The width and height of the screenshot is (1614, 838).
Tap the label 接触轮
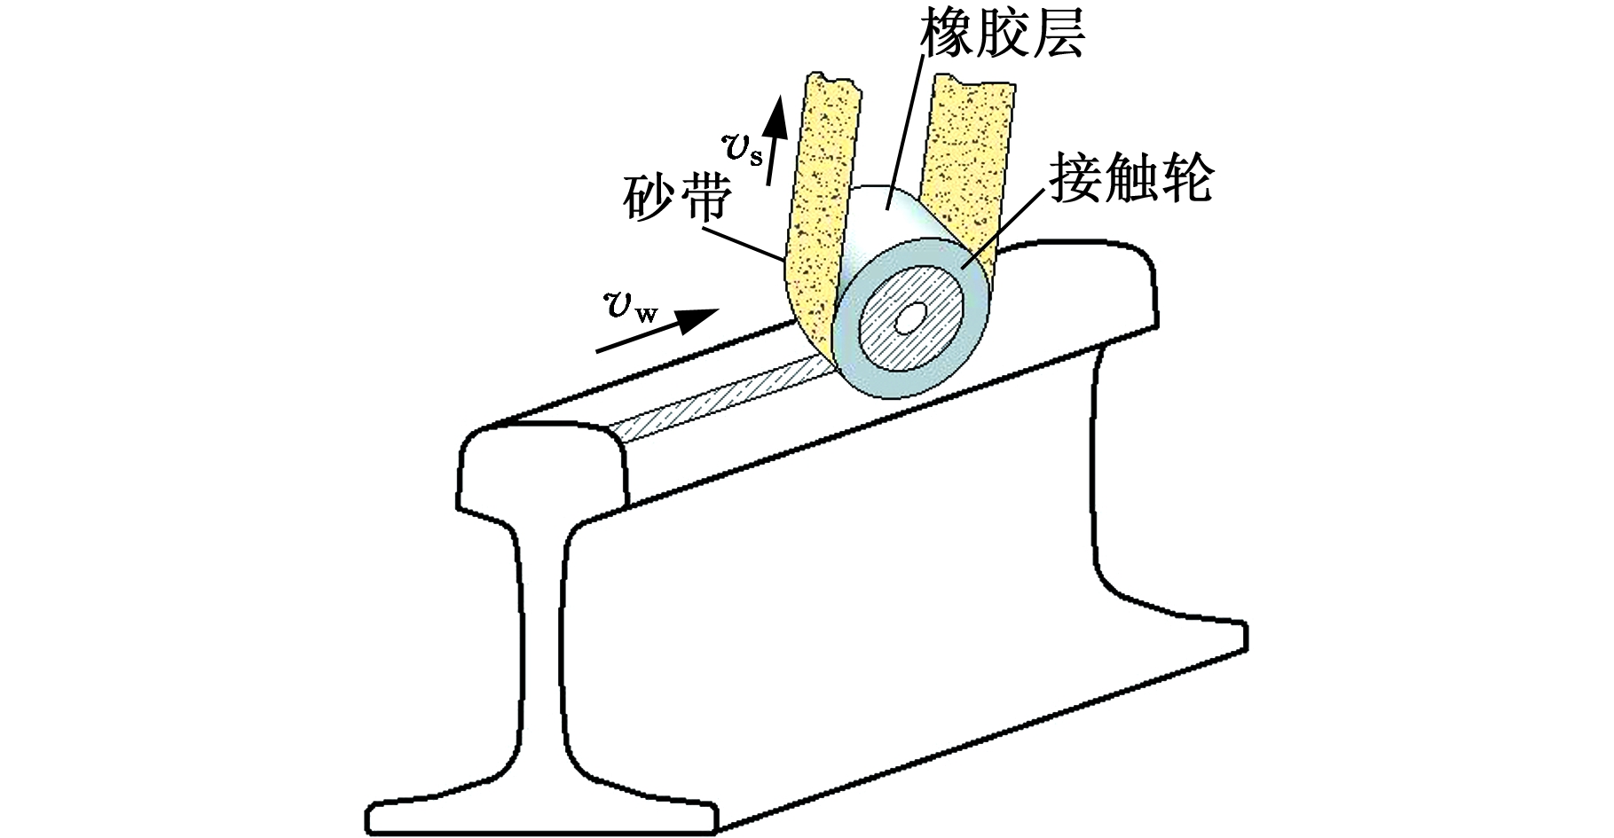[1130, 177]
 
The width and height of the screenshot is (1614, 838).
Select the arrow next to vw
[657, 332]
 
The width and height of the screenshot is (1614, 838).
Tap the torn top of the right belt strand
[975, 82]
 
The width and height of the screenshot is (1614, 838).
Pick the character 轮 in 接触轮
[1184, 177]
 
